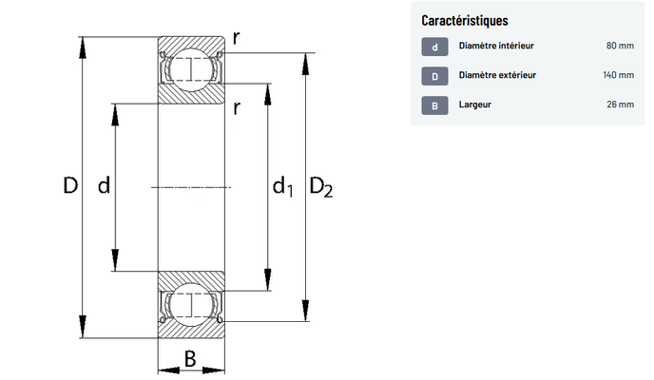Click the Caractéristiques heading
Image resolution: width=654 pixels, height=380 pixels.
465,20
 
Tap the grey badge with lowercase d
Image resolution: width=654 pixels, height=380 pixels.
434,47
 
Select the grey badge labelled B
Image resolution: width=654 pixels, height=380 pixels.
434,105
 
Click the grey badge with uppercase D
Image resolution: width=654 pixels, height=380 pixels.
434,76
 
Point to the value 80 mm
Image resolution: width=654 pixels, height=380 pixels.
620,46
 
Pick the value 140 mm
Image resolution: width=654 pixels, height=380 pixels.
618,75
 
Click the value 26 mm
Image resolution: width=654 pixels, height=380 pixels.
620,104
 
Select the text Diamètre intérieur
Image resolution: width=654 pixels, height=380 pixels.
496,46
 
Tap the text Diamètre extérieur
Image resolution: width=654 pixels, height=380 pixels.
497,75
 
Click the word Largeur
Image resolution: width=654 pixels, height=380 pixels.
475,104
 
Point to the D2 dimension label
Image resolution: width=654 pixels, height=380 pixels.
320,186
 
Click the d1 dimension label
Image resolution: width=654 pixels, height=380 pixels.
282,186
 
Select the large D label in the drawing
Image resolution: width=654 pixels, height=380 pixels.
70,185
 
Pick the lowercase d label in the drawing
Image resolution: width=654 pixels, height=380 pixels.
104,185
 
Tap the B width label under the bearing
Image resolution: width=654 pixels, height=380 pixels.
190,358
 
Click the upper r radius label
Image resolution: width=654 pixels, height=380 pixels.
236,38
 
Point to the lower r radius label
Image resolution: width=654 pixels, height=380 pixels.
237,108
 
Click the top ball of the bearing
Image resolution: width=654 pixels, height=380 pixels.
191,70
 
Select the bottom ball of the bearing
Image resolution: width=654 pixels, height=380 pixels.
191,305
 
